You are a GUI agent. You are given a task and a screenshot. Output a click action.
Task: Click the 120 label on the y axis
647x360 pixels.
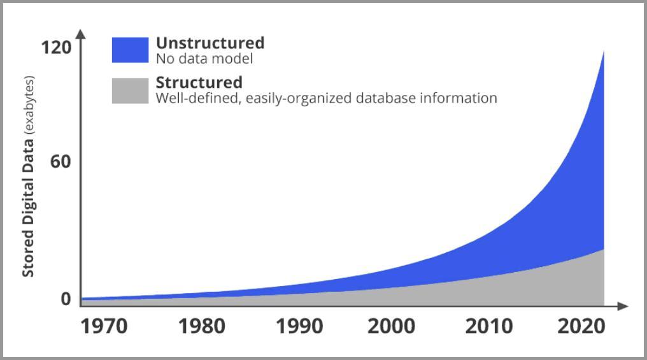[57, 48]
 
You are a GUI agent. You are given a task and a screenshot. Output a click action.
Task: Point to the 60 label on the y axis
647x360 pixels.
[60, 162]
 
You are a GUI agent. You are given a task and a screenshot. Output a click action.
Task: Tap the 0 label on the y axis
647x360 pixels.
[66, 299]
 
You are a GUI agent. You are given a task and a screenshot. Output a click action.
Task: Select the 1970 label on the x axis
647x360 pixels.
[104, 326]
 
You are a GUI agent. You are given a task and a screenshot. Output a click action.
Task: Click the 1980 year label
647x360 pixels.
[201, 326]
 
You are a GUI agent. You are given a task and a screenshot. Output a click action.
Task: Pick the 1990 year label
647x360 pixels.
[299, 326]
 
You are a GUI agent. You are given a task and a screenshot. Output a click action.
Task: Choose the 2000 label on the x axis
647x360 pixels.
[391, 326]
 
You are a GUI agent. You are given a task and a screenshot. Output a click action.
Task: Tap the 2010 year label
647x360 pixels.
[488, 326]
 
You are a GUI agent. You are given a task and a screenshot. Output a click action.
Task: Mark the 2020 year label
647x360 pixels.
[581, 326]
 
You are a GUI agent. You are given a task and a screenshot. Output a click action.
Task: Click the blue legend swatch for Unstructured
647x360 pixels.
[130, 50]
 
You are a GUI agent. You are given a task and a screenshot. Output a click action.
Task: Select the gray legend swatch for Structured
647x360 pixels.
[130, 90]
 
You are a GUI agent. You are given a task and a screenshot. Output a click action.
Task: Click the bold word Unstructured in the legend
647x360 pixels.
[210, 43]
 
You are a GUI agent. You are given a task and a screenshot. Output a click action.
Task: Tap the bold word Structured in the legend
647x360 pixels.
[199, 83]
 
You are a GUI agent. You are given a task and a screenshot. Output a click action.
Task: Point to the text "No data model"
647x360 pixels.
[204, 59]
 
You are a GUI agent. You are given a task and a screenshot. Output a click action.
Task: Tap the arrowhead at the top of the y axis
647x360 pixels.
[80, 32]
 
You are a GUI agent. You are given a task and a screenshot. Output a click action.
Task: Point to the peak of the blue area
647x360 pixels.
[603, 52]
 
